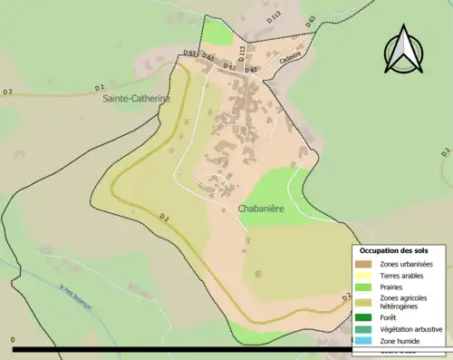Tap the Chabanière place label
coord(264,208)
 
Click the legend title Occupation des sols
coord(394,250)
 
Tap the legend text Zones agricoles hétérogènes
coord(404,302)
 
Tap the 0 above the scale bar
coord(14,340)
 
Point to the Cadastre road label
coord(289,54)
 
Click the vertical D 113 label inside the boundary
coord(241,52)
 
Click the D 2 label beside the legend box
coord(346,296)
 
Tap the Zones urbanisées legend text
coord(407,264)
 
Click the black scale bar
coord(181,349)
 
